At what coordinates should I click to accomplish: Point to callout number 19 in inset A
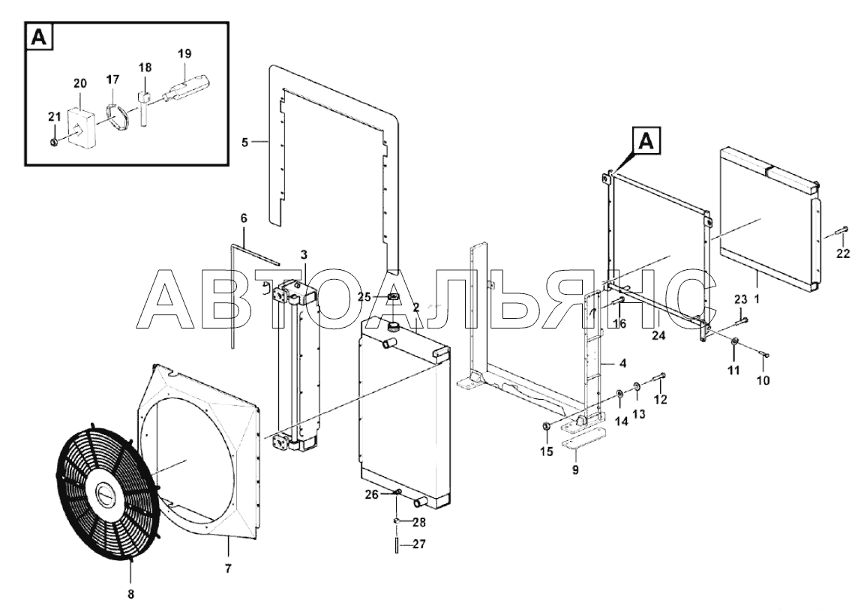point(184,53)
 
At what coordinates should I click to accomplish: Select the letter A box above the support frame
point(647,140)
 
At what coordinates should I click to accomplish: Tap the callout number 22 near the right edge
point(843,253)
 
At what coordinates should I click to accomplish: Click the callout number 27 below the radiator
point(418,544)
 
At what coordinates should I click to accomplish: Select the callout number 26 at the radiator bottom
point(372,494)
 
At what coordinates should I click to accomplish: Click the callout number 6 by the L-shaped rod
point(243,217)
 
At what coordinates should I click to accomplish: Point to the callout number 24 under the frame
point(658,336)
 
